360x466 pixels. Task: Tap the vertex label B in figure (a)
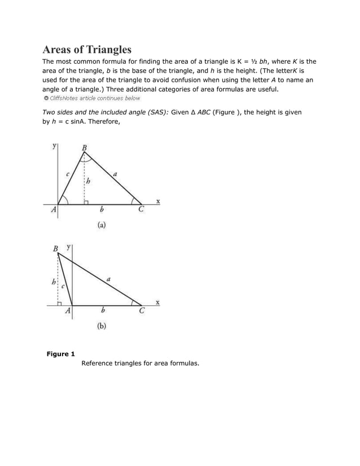tap(85, 148)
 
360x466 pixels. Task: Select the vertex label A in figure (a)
tap(54, 209)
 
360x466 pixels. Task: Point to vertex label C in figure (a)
tap(141, 209)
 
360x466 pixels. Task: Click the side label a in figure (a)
tap(115, 175)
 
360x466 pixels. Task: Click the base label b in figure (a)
tap(101, 209)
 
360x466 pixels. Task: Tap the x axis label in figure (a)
tap(157, 201)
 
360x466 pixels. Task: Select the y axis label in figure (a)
tap(54, 146)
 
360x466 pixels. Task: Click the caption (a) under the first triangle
tap(101, 225)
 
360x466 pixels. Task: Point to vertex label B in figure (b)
tap(55, 248)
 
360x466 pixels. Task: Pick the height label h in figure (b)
tap(54, 280)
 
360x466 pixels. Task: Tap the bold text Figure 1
tap(60, 354)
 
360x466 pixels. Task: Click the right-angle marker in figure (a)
tap(86, 202)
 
